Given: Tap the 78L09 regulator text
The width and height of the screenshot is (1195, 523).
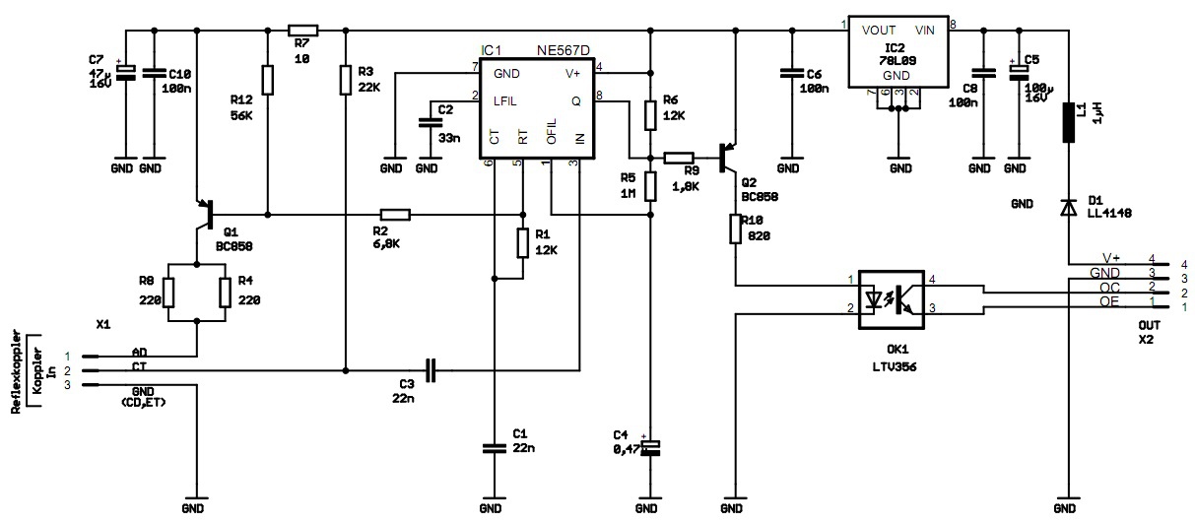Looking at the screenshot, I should [896, 59].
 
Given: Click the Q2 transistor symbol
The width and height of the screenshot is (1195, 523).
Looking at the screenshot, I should [729, 157].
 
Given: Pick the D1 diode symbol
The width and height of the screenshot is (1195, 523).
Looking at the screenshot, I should [1068, 208].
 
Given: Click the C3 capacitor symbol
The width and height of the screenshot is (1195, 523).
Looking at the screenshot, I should [430, 370].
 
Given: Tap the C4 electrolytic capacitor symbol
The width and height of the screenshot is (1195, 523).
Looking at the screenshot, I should [650, 446].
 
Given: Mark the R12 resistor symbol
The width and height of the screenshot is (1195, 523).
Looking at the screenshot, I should [267, 79].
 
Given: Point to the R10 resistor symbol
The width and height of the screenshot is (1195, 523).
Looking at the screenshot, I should [735, 229].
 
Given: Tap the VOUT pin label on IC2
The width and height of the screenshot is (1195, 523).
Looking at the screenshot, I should [879, 30].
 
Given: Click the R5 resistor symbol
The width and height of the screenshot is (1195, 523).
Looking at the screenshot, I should [650, 185].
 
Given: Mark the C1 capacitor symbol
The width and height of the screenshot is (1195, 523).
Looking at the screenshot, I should [492, 447].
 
